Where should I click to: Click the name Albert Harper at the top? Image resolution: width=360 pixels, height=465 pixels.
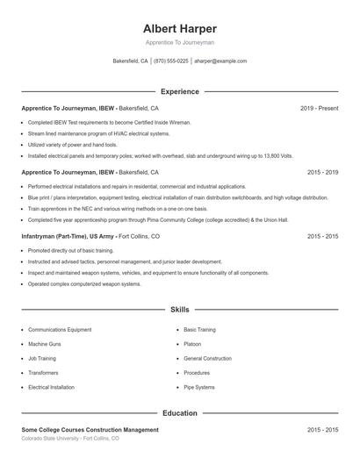pyautogui.click(x=179, y=28)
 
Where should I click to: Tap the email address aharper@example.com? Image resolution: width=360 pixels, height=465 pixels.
pyautogui.click(x=220, y=61)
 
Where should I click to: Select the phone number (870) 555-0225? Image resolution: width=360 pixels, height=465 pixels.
pyautogui.click(x=170, y=61)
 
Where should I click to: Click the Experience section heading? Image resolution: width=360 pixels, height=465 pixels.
pyautogui.click(x=179, y=91)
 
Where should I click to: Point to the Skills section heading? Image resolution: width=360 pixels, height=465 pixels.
pyautogui.click(x=179, y=310)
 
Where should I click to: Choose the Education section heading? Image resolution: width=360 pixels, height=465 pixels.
pyautogui.click(x=179, y=412)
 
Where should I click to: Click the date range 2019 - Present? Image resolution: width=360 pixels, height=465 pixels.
pyautogui.click(x=319, y=109)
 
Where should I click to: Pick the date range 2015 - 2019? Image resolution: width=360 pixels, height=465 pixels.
pyautogui.click(x=322, y=173)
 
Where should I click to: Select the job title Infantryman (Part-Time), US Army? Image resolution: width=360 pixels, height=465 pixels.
pyautogui.click(x=68, y=237)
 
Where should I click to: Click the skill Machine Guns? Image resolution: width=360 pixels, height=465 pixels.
pyautogui.click(x=45, y=344)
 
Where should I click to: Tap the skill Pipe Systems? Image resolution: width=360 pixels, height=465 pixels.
pyautogui.click(x=198, y=387)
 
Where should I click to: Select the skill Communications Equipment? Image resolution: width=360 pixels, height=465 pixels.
pyautogui.click(x=60, y=330)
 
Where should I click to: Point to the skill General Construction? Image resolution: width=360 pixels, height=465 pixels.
pyautogui.click(x=207, y=358)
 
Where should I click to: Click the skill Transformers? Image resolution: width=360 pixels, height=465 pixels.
pyautogui.click(x=45, y=372)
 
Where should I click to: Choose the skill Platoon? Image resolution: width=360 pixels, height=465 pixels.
pyautogui.click(x=192, y=344)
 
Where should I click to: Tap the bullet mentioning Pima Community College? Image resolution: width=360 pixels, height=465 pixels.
pyautogui.click(x=145, y=219)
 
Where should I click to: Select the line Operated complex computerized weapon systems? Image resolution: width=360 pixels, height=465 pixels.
pyautogui.click(x=84, y=284)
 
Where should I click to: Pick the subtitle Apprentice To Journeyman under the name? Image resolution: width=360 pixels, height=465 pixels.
pyautogui.click(x=179, y=42)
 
